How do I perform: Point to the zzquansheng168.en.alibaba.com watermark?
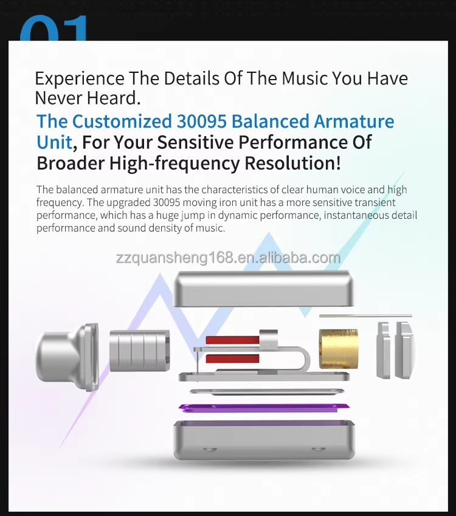click(228, 258)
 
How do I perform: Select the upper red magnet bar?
click(232, 340)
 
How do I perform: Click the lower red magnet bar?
click(232, 359)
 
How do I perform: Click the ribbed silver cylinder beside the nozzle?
click(139, 351)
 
